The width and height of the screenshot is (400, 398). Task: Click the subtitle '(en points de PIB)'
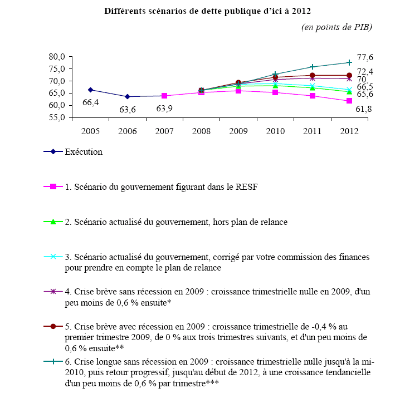(336, 27)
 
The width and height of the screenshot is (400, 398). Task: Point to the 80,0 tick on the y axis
(57, 56)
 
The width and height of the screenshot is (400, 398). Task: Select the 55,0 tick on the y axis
(57, 117)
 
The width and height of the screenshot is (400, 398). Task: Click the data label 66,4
(91, 102)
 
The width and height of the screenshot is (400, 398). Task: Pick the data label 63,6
(128, 109)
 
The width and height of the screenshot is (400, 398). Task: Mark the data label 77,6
(365, 57)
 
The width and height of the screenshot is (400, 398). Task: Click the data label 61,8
(364, 109)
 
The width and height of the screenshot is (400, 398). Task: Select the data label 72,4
(365, 72)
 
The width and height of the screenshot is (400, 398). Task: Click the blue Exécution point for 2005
(90, 90)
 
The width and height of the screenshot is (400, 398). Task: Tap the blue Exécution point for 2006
(128, 96)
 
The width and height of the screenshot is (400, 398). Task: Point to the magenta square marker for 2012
(349, 101)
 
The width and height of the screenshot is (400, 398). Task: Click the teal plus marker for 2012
(349, 62)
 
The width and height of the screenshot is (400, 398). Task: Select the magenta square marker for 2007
(164, 96)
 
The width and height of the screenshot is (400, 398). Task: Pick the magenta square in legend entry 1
(53, 187)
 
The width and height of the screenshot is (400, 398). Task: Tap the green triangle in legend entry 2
(53, 222)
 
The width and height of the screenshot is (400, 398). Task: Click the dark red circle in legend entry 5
(53, 326)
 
